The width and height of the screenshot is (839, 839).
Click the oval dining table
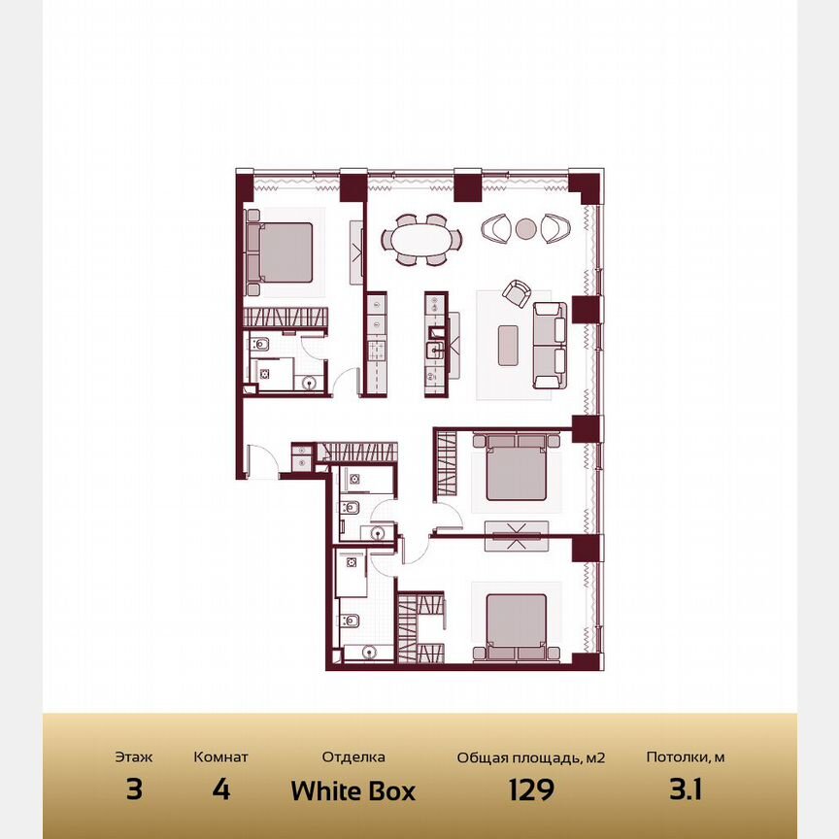(x=422, y=238)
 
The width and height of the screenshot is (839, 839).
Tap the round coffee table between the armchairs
(x=525, y=229)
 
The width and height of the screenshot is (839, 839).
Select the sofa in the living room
(x=551, y=345)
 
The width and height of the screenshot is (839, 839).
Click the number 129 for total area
(x=531, y=790)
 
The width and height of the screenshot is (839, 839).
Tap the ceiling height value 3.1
(x=685, y=790)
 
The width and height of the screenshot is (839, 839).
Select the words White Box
(x=352, y=790)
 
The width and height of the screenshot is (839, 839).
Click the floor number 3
(x=134, y=790)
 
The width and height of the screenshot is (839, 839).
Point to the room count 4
(x=220, y=790)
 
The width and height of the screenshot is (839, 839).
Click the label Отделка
(x=353, y=757)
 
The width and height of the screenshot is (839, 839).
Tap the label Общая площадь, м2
(x=531, y=757)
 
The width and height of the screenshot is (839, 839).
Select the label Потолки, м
(x=685, y=757)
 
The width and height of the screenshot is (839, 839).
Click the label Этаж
(x=134, y=757)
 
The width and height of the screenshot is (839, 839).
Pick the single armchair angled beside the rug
(x=517, y=292)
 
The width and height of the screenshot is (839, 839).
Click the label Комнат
(x=220, y=757)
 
